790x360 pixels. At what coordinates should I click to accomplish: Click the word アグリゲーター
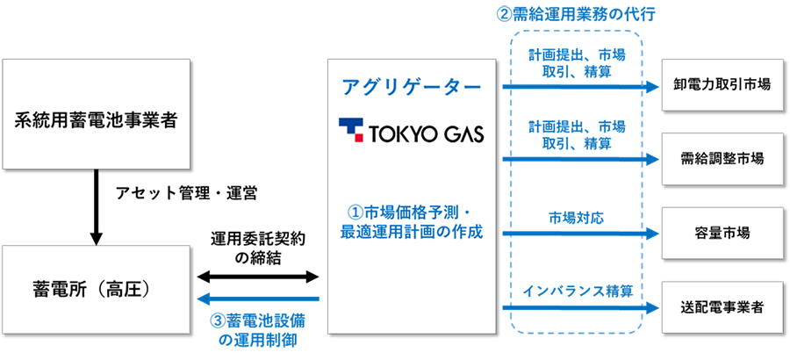(411, 87)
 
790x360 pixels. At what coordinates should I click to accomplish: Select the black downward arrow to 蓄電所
(96, 206)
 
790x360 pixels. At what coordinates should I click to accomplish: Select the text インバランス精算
(577, 292)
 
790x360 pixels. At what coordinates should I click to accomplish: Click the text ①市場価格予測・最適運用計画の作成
(411, 222)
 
